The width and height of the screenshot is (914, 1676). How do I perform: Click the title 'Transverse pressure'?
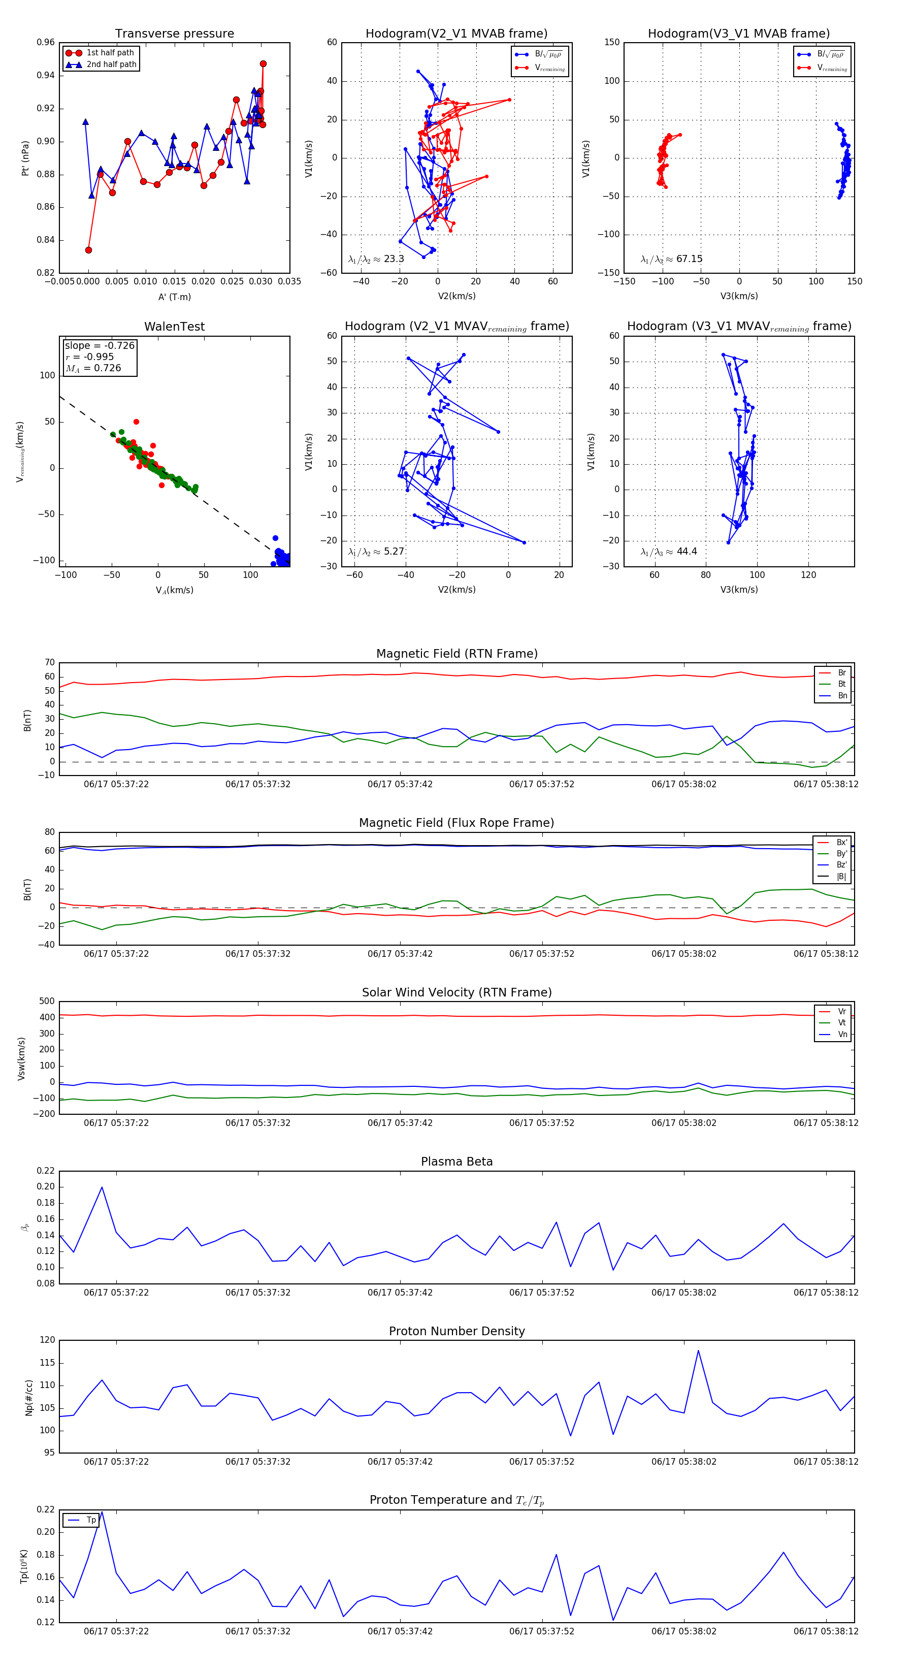click(174, 34)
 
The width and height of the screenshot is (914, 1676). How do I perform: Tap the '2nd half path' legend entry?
click(111, 65)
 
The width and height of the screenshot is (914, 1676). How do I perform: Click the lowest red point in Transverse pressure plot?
click(88, 250)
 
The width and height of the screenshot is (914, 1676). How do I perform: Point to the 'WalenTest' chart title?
click(174, 327)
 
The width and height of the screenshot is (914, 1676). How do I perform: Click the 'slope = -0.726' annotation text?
click(100, 345)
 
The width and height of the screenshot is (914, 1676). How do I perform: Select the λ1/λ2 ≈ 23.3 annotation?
click(376, 259)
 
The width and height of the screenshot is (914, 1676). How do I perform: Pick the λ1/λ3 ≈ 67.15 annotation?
click(671, 259)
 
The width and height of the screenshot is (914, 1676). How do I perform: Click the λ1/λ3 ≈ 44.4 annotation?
click(669, 552)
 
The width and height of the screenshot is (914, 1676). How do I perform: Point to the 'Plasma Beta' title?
click(456, 1162)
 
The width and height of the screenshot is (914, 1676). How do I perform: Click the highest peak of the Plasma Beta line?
click(102, 1187)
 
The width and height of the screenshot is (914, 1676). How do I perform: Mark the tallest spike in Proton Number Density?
click(699, 1350)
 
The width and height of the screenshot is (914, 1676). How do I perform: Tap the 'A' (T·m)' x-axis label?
click(174, 297)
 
